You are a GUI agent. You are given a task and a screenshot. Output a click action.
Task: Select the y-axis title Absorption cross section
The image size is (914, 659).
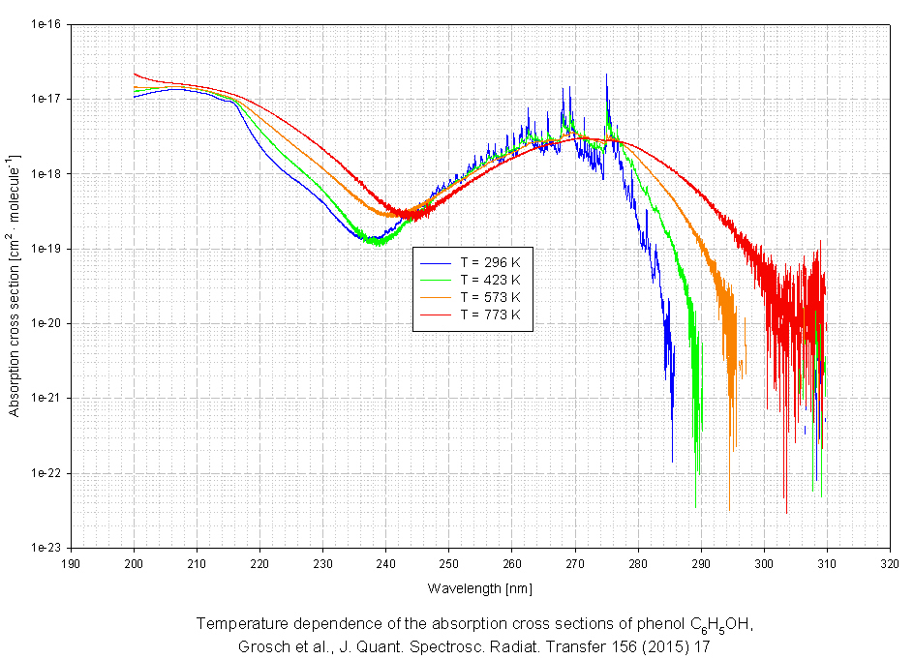[15, 286]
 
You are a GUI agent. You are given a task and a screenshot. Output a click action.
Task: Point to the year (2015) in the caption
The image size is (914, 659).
[659, 645]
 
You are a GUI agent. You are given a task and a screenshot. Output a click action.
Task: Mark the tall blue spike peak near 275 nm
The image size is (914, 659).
[606, 75]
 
